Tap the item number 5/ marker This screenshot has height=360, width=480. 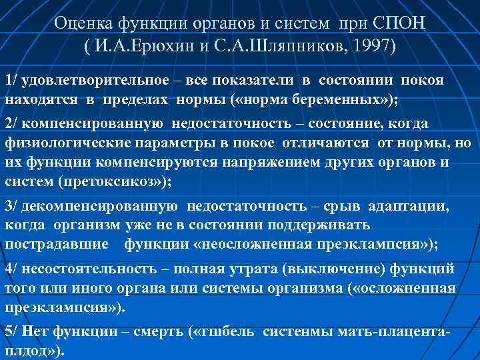coord(11,331)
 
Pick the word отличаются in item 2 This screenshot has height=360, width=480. coord(313,143)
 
